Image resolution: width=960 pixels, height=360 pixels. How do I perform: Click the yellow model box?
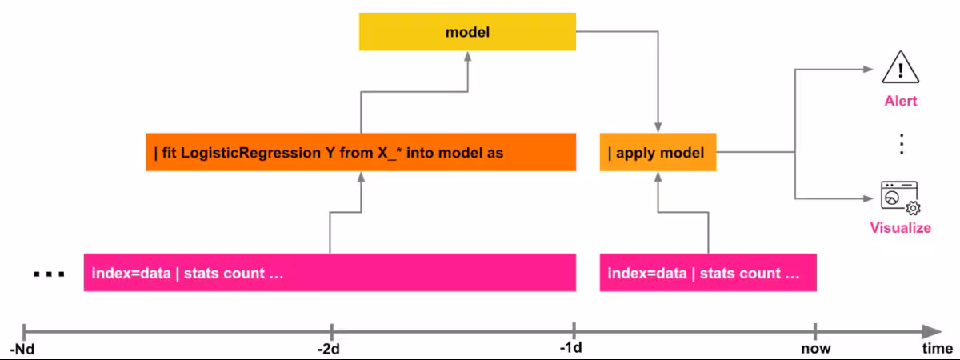point(466,32)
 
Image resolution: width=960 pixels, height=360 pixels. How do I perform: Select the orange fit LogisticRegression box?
point(360,152)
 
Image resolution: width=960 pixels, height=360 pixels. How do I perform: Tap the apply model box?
point(658,152)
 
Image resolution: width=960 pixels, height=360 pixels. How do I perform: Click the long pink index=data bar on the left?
point(330,273)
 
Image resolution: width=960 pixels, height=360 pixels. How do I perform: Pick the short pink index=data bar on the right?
point(708,273)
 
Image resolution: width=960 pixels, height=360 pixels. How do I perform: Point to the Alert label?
point(901,102)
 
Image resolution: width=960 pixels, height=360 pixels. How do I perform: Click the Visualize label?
point(901,228)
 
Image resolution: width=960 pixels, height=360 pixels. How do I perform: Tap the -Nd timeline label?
point(23,349)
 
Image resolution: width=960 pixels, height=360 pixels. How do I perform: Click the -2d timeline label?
point(330,349)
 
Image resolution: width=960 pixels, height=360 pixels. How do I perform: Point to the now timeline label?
point(816,349)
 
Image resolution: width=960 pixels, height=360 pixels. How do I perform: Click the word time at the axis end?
point(937,349)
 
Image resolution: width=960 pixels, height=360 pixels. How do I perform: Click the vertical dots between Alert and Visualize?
point(901,144)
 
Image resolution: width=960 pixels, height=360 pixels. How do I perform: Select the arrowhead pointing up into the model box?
point(466,58)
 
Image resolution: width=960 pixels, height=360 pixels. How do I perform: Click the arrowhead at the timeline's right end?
point(932,331)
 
